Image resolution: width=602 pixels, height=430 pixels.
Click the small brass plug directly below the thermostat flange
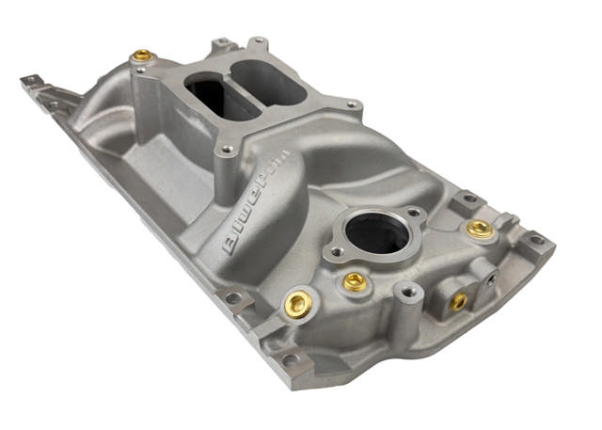(355, 281)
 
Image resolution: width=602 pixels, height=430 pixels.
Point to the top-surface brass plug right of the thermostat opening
(480, 229)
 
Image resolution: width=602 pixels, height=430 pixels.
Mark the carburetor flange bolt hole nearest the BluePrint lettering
(227, 149)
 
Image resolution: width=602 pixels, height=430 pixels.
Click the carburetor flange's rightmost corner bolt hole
(351, 104)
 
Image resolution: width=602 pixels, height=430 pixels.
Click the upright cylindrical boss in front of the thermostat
(406, 294)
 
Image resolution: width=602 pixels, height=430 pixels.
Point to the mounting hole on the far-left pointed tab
(29, 82)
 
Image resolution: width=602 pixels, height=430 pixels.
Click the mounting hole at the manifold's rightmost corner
(536, 240)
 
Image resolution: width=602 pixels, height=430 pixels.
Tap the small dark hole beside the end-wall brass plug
(490, 279)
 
